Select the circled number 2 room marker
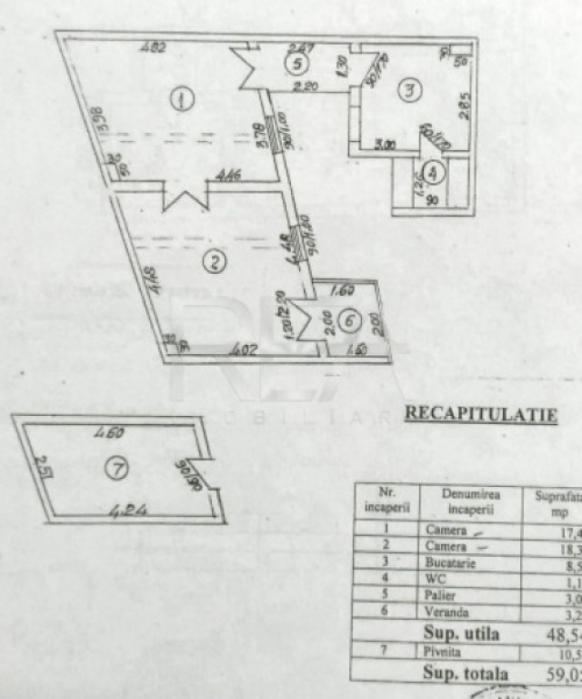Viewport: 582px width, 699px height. [213, 264]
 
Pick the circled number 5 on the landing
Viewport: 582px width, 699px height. [296, 64]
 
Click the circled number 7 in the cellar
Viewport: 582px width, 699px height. [116, 468]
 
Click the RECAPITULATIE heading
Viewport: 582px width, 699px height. [480, 414]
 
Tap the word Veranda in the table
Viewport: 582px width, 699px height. [447, 613]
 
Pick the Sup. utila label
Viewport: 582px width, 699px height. [461, 633]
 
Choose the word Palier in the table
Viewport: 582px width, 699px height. [442, 597]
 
